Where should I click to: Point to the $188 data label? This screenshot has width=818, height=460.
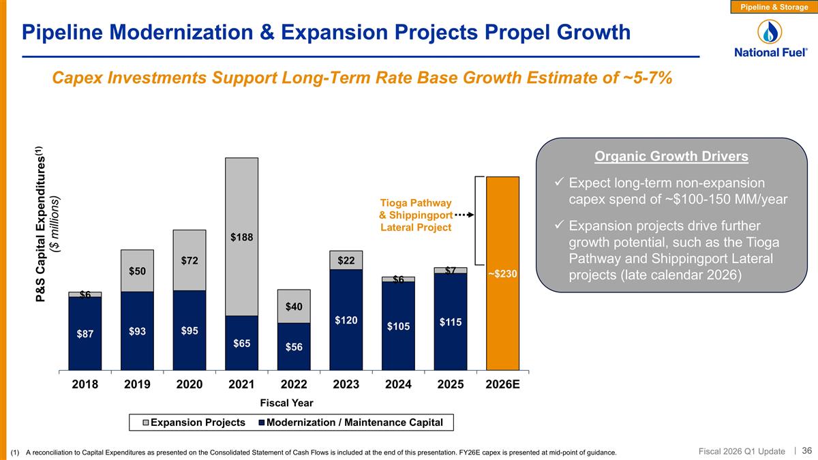pos(242,237)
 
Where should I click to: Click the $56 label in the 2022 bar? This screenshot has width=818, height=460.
pos(294,347)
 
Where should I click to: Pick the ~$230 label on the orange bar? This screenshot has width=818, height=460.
pos(503,274)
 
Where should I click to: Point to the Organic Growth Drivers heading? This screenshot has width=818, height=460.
pos(671,157)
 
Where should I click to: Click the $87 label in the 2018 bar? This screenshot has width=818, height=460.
pos(85,334)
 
